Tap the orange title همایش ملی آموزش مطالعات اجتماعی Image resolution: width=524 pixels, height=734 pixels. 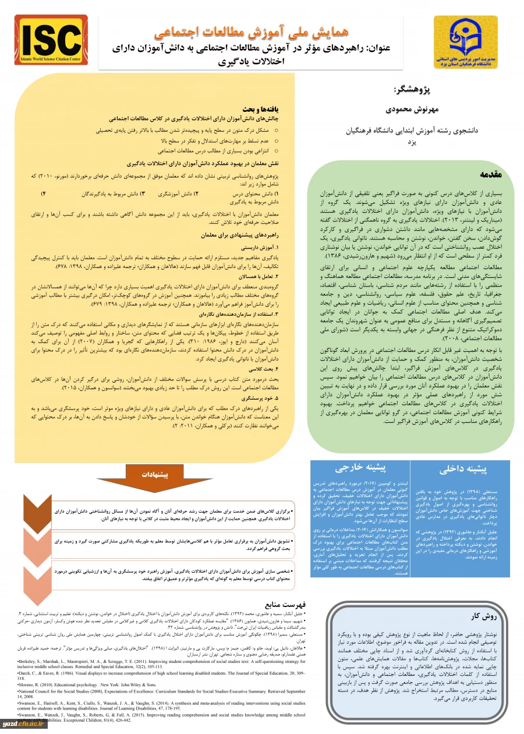pos(265,30)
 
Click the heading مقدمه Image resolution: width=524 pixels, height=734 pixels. pos(495,174)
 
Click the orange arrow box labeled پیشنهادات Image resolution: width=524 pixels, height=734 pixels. pos(159,475)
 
